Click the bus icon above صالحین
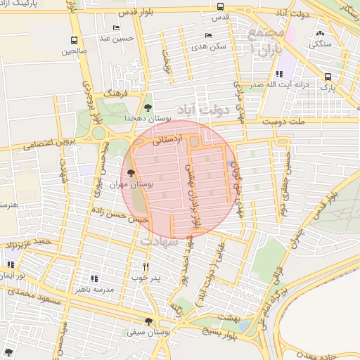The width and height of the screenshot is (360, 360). pos(75,40)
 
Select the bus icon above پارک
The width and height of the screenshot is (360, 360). pos(328,77)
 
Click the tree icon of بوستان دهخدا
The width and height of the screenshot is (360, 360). pos(148,107)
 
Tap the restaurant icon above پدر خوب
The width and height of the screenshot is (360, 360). pos(146,266)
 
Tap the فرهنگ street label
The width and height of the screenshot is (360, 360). pos(114,92)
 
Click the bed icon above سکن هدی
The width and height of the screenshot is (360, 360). pos(207,34)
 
